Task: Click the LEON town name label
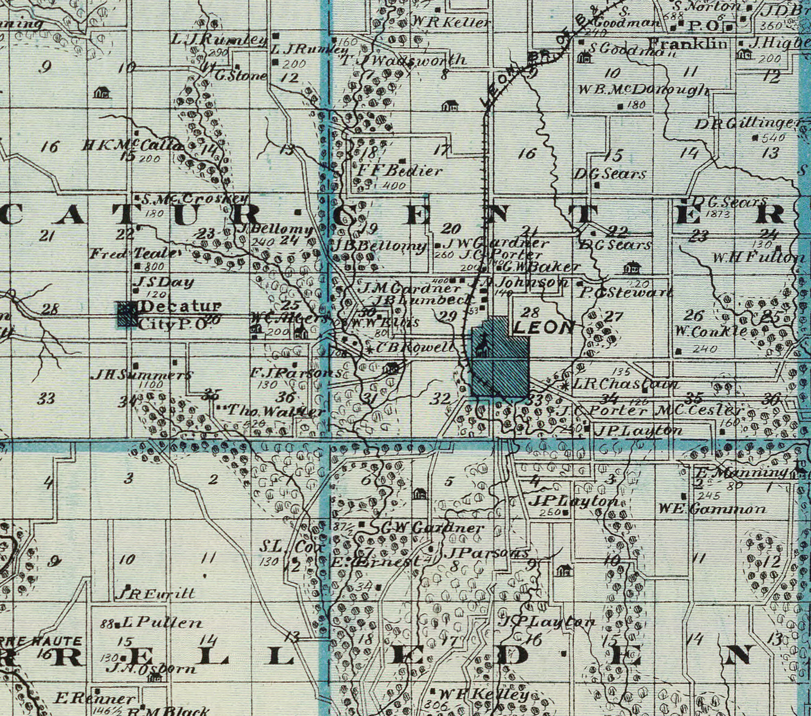544,327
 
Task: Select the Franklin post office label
688,43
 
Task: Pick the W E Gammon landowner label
712,509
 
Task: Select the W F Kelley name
483,694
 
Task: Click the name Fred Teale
133,253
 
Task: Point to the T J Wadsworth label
403,61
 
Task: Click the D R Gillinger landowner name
748,124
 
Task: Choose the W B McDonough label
643,90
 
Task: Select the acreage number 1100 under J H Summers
151,384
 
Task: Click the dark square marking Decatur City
128,314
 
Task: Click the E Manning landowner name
741,473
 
